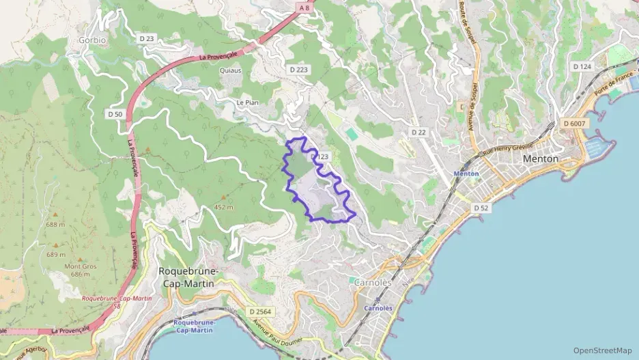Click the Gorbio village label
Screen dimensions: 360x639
92,40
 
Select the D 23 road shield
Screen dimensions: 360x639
147,39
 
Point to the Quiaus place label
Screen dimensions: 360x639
231,70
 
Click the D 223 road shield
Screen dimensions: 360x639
298,70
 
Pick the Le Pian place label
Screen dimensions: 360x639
246,102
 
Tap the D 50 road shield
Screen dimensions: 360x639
115,114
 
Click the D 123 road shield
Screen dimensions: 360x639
320,157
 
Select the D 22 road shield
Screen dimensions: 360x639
418,131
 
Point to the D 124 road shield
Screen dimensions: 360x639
582,66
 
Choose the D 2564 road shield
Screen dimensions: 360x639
259,311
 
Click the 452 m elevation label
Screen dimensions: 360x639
223,207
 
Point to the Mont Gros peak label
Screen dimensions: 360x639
81,266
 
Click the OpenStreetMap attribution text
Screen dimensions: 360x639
602,350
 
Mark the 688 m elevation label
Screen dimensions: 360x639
56,225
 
